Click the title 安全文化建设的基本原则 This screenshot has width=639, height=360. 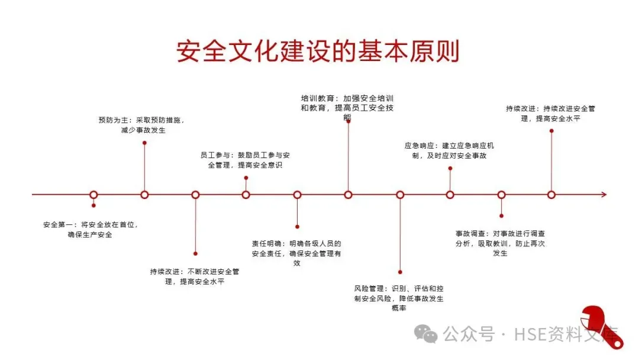click(x=318, y=52)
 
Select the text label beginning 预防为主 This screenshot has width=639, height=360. click(x=142, y=125)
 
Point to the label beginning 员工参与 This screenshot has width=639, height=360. click(x=245, y=160)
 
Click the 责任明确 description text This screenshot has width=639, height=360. click(x=296, y=253)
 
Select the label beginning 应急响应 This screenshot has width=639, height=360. click(x=449, y=150)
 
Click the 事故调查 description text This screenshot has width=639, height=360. click(x=500, y=243)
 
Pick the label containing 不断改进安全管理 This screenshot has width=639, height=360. click(x=195, y=277)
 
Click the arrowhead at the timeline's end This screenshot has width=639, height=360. click(x=603, y=195)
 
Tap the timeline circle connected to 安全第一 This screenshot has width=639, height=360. click(x=93, y=195)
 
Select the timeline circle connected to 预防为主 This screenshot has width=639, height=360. click(x=144, y=195)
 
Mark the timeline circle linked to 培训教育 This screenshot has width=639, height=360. click(x=348, y=195)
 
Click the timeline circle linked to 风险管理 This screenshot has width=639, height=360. click(x=400, y=195)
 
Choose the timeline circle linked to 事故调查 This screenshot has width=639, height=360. click(x=501, y=195)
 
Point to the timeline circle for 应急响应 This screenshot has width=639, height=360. click(x=450, y=195)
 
